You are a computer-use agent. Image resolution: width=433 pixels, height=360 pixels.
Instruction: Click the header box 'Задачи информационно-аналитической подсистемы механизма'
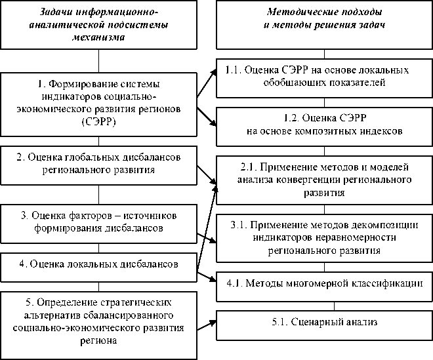(98, 25)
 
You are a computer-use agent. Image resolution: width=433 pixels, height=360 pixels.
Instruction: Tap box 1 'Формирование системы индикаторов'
(98, 103)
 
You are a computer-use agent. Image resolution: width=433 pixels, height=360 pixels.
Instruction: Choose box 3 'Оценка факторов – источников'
(98, 222)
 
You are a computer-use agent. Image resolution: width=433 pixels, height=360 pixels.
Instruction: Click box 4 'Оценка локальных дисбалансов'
(98, 264)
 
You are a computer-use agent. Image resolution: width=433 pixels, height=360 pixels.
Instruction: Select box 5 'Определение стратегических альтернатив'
(98, 322)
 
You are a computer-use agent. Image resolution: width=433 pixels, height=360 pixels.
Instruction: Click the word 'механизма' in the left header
(98, 37)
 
